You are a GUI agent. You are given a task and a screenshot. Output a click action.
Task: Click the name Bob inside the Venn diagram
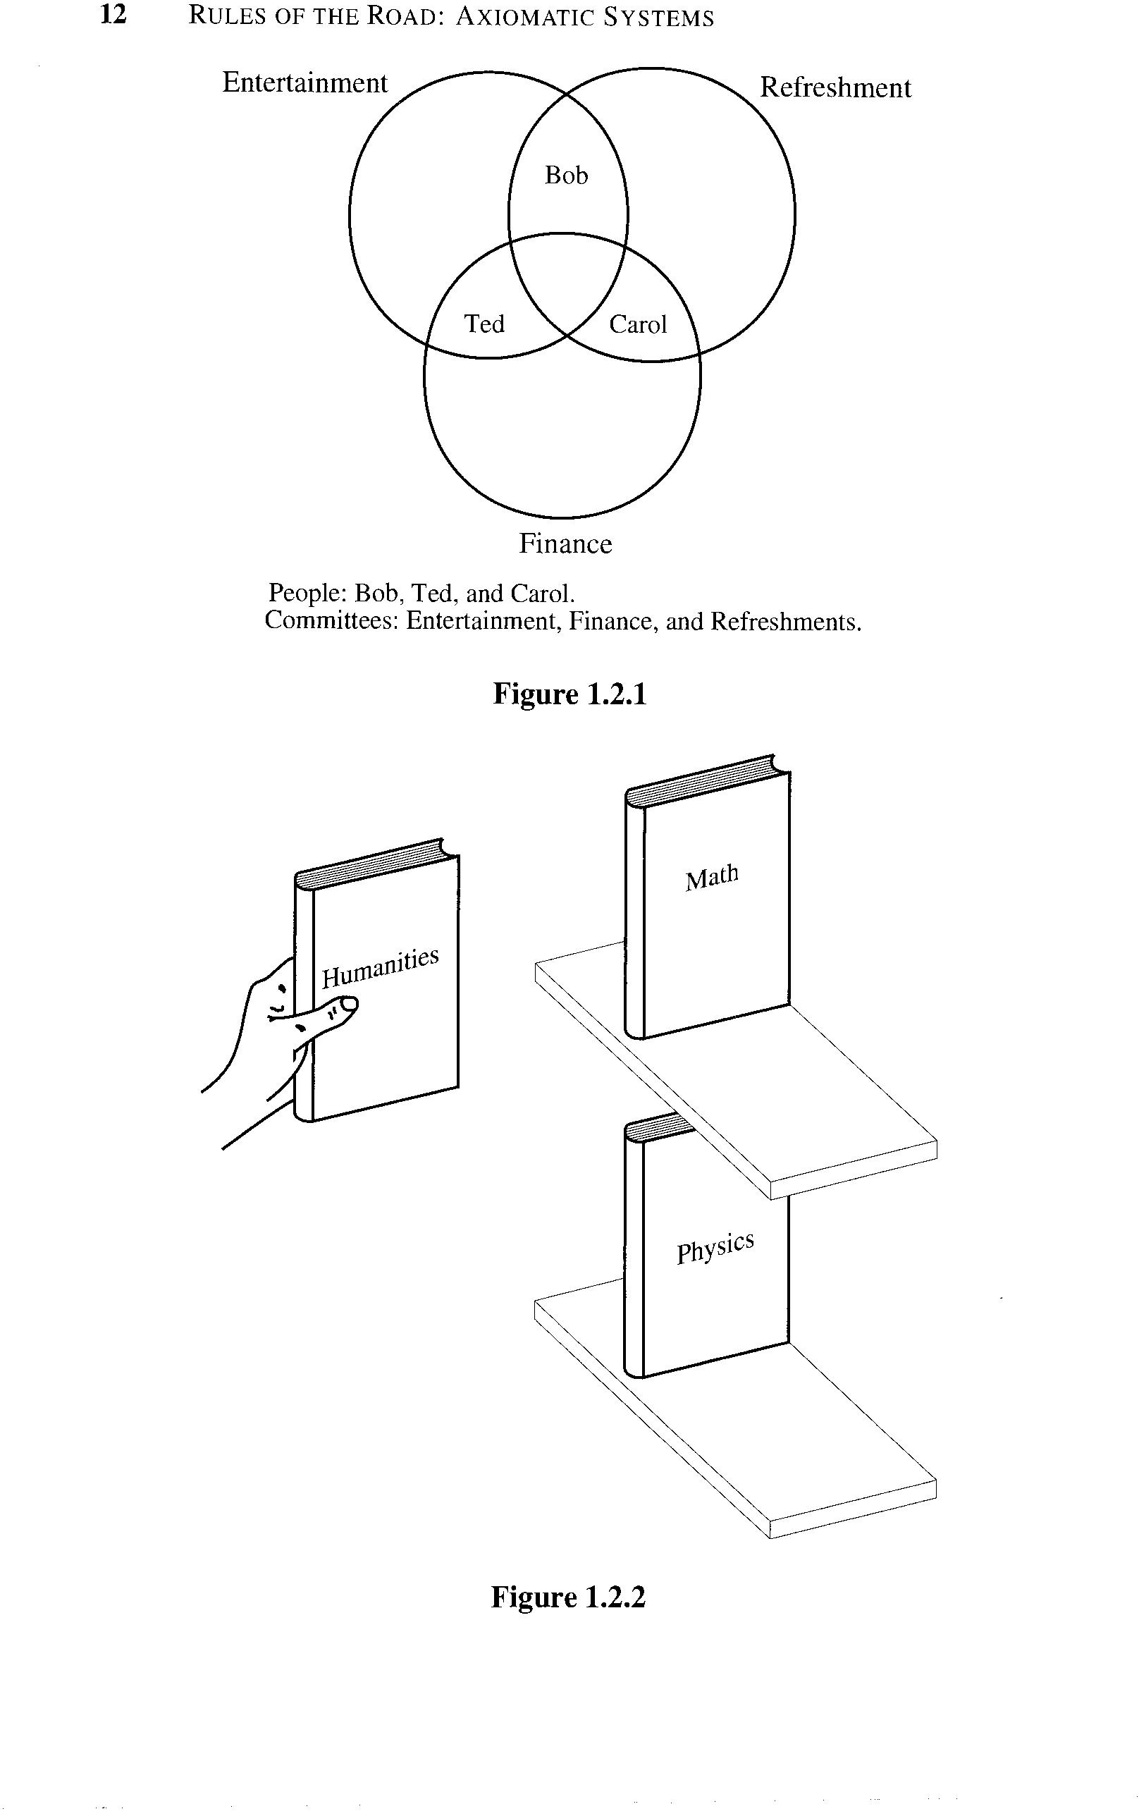[x=566, y=176]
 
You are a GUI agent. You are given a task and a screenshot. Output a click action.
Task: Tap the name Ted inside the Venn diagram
[x=484, y=324]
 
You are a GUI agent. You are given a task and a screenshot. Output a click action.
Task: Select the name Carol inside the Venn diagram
[x=638, y=324]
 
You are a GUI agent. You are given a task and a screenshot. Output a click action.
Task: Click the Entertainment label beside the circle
[x=304, y=83]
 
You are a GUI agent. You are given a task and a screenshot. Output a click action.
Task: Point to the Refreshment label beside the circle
[x=835, y=88]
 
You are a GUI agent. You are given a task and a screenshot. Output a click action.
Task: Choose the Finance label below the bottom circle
[x=565, y=544]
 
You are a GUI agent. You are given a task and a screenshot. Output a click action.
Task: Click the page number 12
[x=113, y=15]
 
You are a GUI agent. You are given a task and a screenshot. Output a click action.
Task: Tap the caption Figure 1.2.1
[x=569, y=694]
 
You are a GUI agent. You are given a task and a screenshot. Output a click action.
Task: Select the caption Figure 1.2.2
[x=568, y=1597]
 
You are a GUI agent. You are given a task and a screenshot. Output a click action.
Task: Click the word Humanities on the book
[x=381, y=968]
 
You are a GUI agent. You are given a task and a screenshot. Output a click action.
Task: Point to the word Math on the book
[x=712, y=878]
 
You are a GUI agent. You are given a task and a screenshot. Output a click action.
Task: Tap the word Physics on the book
[x=715, y=1248]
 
